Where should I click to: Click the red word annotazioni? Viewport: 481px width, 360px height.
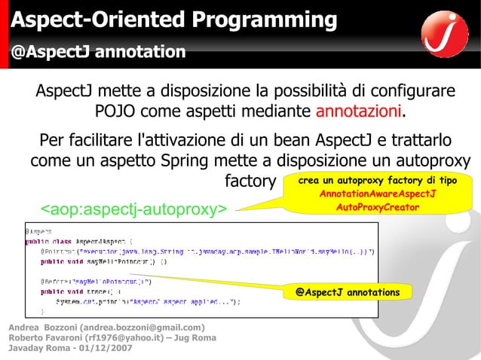(x=359, y=113)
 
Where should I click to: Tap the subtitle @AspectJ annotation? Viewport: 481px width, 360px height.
(x=97, y=52)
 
